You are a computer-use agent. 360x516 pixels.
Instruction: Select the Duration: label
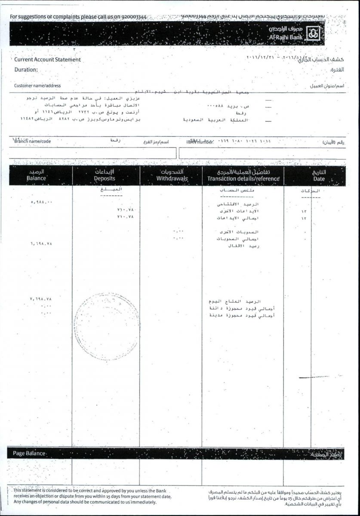tap(26, 70)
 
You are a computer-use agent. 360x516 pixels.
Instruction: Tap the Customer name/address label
tap(37, 86)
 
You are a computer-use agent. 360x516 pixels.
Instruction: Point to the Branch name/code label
tap(32, 141)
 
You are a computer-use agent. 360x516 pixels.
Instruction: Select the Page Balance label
tap(29, 453)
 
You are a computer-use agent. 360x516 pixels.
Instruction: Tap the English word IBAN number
tap(200, 141)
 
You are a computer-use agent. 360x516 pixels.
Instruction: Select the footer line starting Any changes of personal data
tap(85, 502)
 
